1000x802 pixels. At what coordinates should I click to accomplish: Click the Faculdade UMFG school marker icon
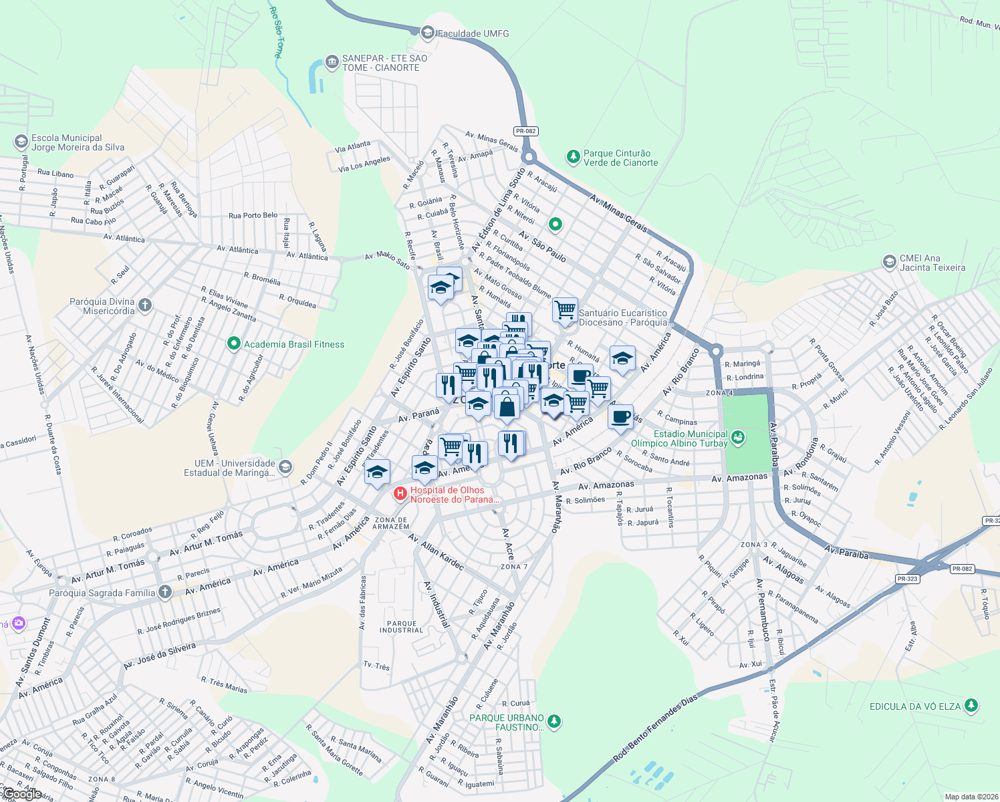click(x=428, y=32)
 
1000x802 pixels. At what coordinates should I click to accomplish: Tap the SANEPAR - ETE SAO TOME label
click(x=384, y=63)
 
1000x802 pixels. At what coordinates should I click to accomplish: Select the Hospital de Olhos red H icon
click(x=400, y=494)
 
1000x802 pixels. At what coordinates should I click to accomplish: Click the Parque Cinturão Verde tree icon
click(x=573, y=157)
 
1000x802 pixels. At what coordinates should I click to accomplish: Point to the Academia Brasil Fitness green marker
click(x=233, y=344)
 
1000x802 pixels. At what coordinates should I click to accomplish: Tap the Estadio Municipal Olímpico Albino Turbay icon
click(x=737, y=438)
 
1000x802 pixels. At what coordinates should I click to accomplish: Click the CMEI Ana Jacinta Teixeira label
click(x=932, y=263)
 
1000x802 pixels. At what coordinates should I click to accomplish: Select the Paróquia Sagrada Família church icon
click(x=164, y=592)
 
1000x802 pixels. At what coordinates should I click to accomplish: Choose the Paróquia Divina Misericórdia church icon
click(x=145, y=305)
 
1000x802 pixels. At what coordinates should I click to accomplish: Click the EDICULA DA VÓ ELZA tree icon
click(x=971, y=705)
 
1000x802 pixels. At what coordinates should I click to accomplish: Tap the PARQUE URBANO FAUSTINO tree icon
click(x=553, y=722)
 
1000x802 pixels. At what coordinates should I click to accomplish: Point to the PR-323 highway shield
click(x=907, y=579)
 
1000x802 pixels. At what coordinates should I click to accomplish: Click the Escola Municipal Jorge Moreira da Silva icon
click(x=21, y=142)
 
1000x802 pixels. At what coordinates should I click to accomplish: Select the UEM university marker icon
click(x=285, y=466)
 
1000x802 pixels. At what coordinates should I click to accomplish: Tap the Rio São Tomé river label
click(x=276, y=32)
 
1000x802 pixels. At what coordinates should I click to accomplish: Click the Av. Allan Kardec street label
click(x=436, y=552)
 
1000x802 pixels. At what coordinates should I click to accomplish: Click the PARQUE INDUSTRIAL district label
click(x=401, y=627)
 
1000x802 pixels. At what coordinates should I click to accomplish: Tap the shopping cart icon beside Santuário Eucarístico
click(x=566, y=310)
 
